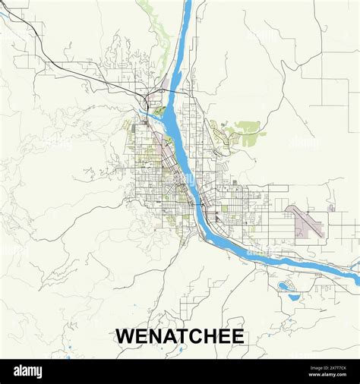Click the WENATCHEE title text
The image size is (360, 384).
[180, 336]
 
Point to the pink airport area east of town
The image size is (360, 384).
[305, 221]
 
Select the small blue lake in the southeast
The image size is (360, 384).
[285, 286]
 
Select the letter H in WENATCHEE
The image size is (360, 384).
[206, 336]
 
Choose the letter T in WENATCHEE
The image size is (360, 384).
[178, 336]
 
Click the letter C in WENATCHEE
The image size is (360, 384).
[192, 336]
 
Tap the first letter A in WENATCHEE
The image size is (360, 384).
[166, 336]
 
